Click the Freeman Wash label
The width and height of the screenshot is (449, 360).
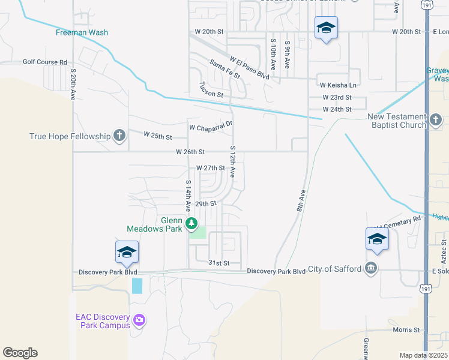click(82, 32)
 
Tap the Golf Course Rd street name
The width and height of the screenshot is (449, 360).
click(45, 62)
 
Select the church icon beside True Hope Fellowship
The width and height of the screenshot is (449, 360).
click(119, 136)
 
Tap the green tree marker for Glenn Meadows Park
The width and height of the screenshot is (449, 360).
click(191, 224)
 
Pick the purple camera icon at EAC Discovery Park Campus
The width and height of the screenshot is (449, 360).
click(140, 320)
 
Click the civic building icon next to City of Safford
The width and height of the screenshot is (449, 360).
click(371, 268)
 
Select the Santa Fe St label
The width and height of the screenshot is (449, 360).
click(224, 69)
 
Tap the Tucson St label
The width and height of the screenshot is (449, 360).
click(211, 91)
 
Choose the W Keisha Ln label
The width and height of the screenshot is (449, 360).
click(337, 85)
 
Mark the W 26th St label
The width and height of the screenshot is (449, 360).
click(191, 152)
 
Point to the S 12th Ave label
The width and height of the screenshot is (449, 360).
click(233, 160)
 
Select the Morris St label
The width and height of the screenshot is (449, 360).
click(406, 330)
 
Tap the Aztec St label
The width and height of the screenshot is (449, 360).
click(444, 250)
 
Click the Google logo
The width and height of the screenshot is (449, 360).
click(20, 353)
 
